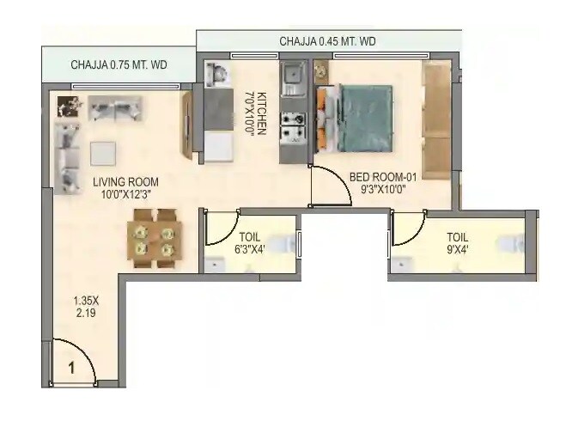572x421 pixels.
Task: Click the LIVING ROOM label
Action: [x=125, y=181]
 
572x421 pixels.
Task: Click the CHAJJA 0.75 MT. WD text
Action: [x=119, y=64]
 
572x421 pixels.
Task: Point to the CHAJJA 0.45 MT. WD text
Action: [x=328, y=41]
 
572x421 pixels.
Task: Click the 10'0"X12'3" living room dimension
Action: [x=125, y=195]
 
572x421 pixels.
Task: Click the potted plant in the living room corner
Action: [x=67, y=107]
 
